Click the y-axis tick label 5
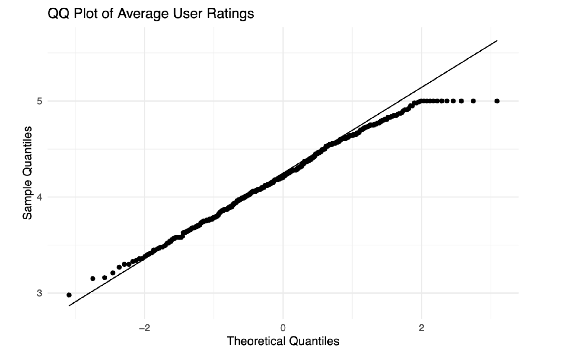tap(40, 101)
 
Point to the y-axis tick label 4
tap(40, 197)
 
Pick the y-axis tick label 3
tap(40, 293)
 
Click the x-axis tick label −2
tap(144, 328)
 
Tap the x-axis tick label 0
tap(283, 328)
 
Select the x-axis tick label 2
tap(421, 328)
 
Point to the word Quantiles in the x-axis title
tap(314, 341)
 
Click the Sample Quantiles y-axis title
tap(27, 173)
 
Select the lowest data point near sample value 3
tap(69, 295)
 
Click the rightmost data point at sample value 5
tap(497, 101)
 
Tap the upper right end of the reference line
tap(497, 40)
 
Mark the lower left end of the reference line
tap(69, 305)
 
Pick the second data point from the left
tap(93, 279)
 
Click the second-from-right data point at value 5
tap(473, 101)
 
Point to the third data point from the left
tap(104, 278)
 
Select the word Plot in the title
tap(86, 14)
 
